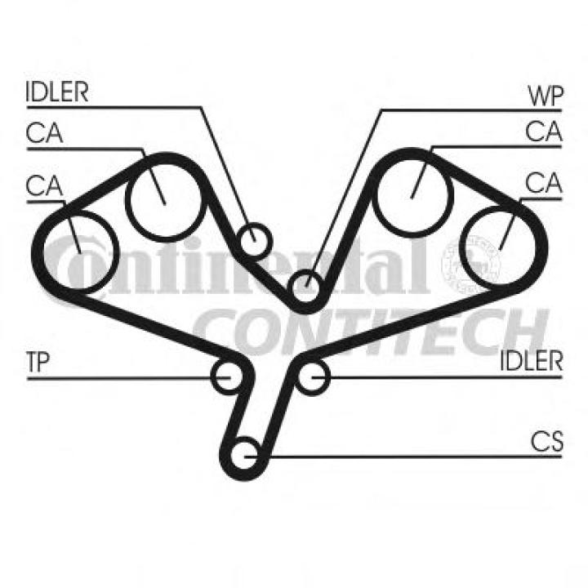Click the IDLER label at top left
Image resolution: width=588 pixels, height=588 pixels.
point(57,91)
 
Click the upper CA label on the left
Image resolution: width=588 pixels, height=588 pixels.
point(44,132)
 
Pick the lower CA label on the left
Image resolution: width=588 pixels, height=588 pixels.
point(44,185)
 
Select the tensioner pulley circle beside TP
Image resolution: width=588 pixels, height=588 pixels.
point(226,376)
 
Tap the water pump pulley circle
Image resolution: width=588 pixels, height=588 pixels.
point(305,286)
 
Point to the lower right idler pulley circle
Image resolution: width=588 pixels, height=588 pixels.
point(311,376)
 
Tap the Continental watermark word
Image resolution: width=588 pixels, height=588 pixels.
point(245,269)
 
